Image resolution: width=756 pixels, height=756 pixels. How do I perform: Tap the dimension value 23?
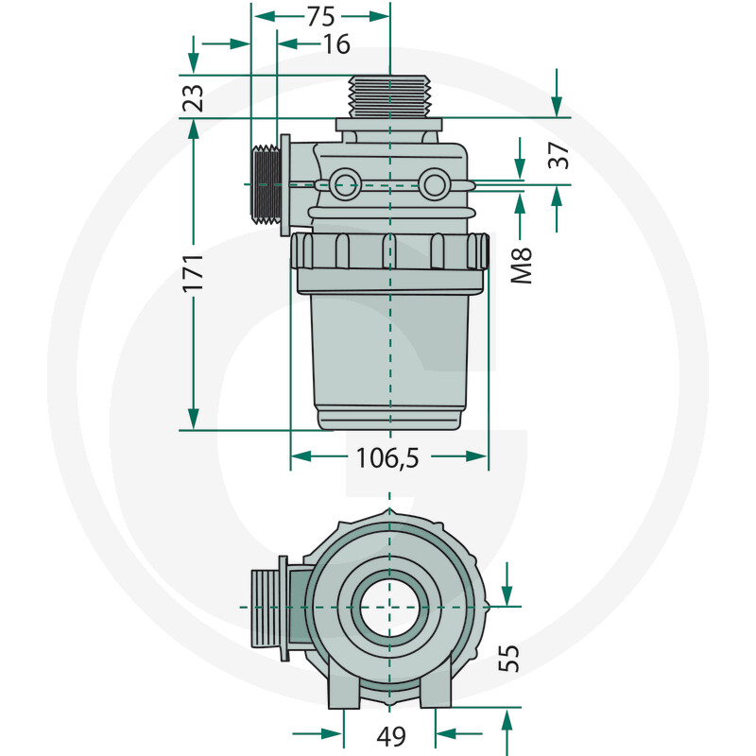pyautogui.click(x=194, y=96)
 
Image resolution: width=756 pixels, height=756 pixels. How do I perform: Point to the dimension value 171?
pyautogui.click(x=194, y=273)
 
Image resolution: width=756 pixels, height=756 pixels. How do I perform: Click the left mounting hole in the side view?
pyautogui.click(x=345, y=183)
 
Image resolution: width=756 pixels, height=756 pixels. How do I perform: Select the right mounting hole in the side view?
pyautogui.click(x=435, y=183)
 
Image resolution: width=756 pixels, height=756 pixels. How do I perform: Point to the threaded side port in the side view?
pyautogui.click(x=266, y=182)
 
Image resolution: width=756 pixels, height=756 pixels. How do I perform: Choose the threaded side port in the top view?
pyautogui.click(x=269, y=606)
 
